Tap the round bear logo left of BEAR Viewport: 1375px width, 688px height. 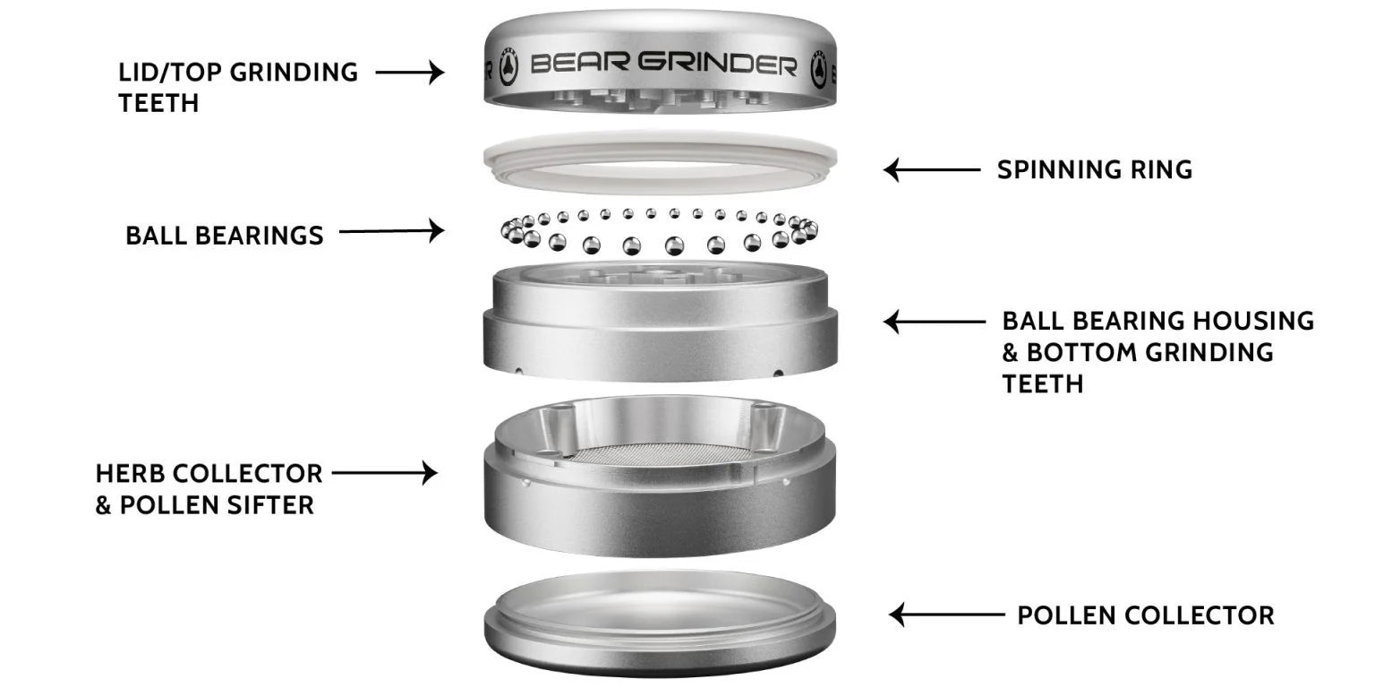[508, 68]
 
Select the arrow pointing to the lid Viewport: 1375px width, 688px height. [409, 72]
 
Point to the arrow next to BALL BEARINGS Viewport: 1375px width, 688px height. [391, 231]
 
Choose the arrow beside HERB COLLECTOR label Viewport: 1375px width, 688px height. [384, 472]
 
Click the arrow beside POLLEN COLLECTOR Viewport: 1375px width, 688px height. [946, 615]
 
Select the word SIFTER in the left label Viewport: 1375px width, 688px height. [270, 505]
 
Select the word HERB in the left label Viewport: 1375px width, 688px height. [132, 473]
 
